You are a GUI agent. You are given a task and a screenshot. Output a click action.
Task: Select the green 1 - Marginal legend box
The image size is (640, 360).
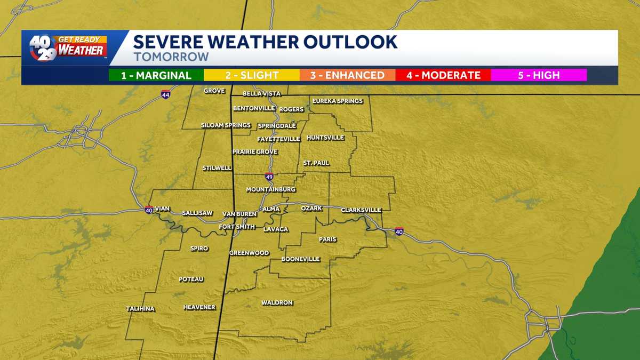(156, 75)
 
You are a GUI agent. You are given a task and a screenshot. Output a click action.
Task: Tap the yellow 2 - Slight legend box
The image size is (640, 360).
(252, 75)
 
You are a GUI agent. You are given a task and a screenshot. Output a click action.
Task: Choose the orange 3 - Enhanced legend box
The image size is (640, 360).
(347, 75)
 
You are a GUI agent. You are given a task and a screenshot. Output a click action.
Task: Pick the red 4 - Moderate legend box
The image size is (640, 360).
(443, 75)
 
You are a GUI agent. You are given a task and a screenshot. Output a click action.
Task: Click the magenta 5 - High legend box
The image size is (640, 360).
(539, 75)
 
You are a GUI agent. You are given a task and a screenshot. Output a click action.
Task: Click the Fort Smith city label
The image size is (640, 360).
(237, 227)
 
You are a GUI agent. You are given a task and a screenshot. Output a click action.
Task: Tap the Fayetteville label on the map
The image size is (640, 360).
(278, 139)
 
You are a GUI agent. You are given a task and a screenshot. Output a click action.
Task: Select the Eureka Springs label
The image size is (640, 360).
(338, 101)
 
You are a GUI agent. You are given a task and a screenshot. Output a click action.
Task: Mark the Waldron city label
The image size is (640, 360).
(277, 303)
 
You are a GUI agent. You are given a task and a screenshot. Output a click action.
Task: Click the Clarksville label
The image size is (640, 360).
(361, 210)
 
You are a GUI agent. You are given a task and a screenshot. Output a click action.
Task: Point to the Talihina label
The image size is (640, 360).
(140, 309)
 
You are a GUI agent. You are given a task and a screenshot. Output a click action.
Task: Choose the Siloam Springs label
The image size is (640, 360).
(226, 125)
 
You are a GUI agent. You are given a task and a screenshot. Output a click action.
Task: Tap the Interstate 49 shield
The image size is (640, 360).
(269, 177)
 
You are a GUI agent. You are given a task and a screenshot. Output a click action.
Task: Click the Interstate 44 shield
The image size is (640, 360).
(166, 94)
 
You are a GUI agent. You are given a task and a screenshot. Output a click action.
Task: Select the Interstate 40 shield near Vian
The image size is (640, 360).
(149, 209)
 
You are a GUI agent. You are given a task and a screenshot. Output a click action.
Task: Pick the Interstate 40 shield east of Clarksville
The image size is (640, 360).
(399, 231)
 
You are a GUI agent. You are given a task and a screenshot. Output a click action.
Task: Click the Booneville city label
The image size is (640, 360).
(301, 259)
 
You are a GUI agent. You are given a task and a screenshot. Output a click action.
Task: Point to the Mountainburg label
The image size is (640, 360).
(270, 190)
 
